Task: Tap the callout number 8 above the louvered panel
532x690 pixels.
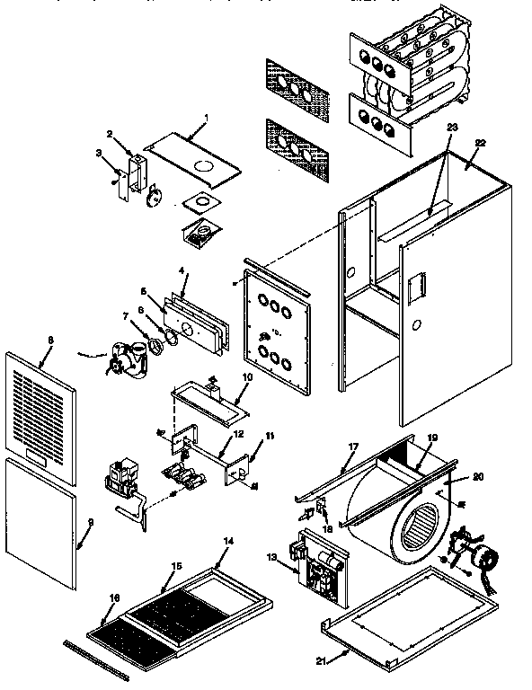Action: click(50, 340)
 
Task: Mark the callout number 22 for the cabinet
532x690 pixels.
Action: click(480, 142)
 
